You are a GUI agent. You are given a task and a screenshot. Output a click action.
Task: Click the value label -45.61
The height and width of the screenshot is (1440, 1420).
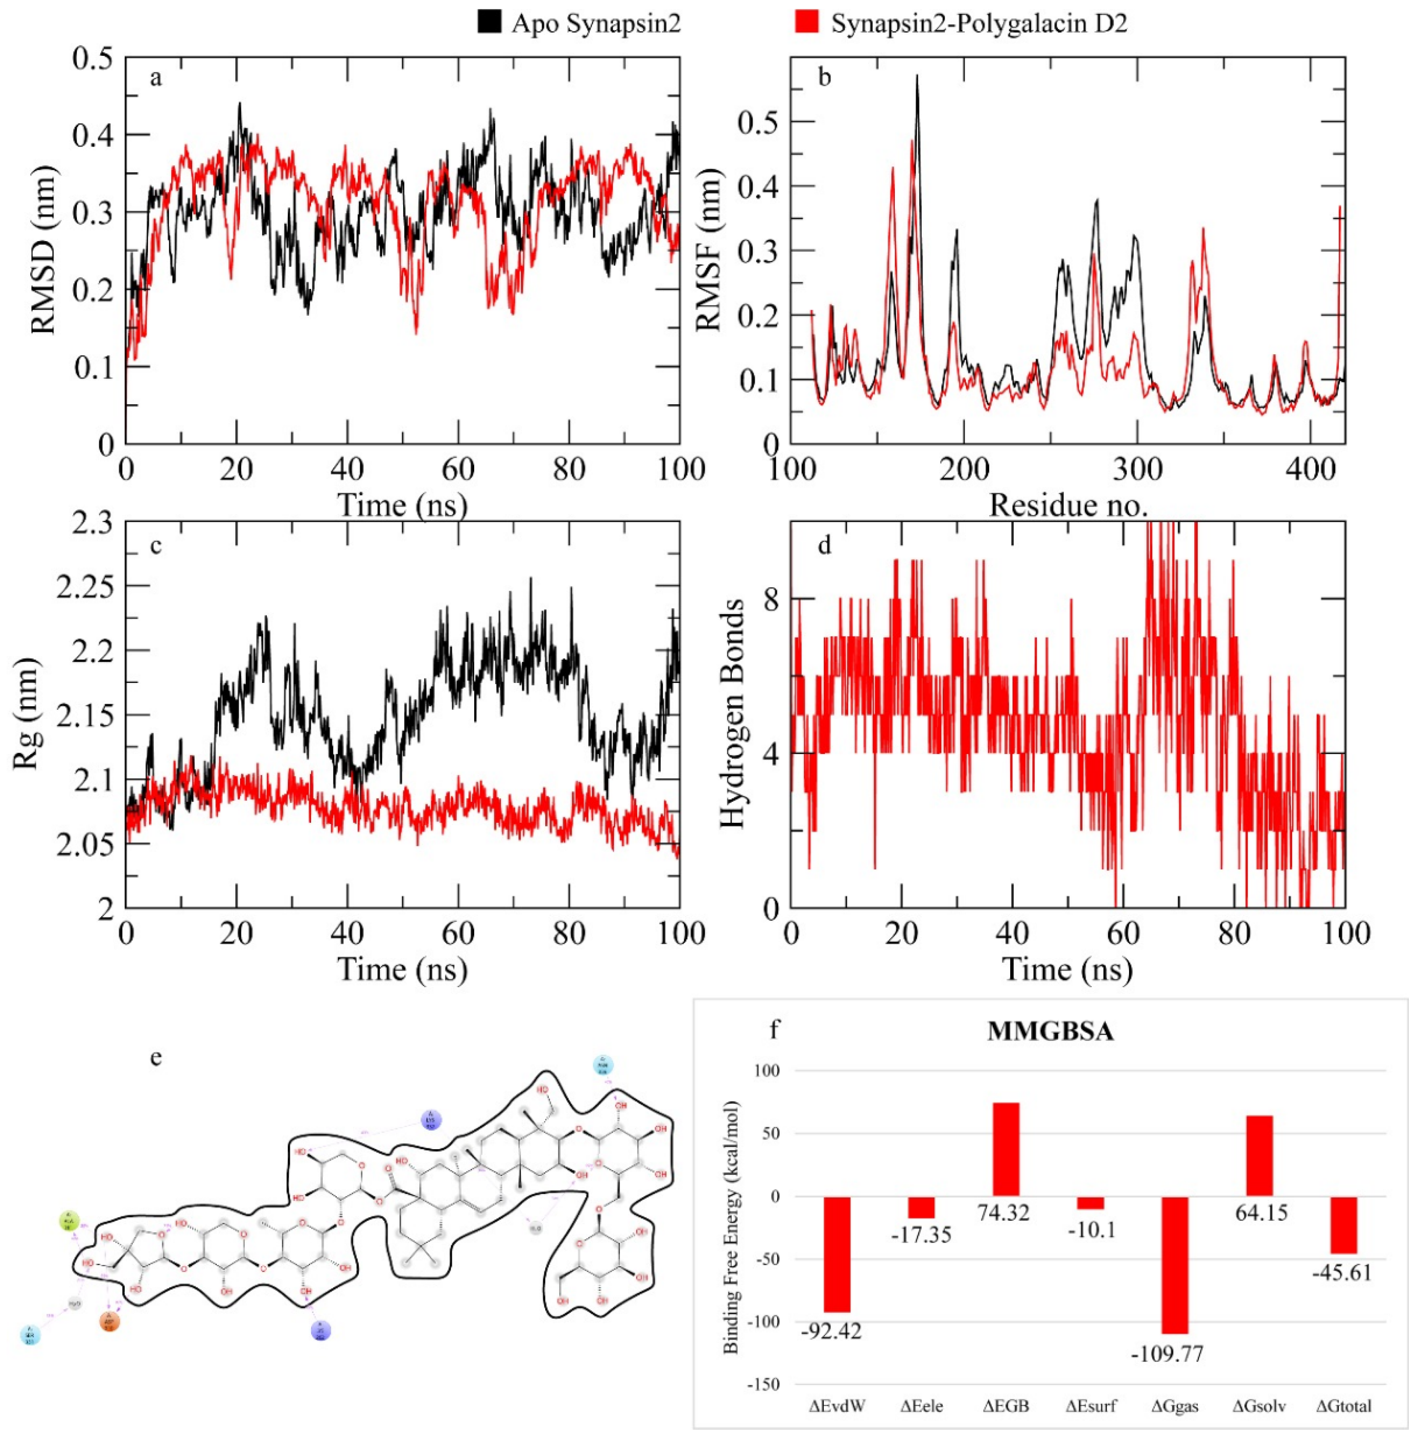point(1342,1273)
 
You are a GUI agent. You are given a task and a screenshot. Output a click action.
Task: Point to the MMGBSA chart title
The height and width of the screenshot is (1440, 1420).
point(1050,1032)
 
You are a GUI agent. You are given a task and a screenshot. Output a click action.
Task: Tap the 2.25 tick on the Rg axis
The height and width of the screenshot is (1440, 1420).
point(85,586)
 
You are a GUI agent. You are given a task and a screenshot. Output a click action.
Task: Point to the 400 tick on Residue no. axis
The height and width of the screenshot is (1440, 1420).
point(1311,469)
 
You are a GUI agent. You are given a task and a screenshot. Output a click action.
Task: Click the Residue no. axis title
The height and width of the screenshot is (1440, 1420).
point(1068,506)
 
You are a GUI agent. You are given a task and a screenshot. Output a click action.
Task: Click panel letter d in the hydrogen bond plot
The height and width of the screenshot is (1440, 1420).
point(824,546)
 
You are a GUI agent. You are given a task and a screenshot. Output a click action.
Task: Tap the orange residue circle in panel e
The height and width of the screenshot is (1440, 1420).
point(110,1322)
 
